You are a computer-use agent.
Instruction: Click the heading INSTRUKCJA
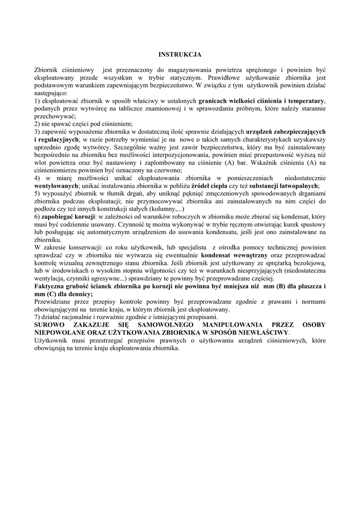(x=180, y=54)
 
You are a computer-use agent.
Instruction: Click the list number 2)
(x=38, y=124)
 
